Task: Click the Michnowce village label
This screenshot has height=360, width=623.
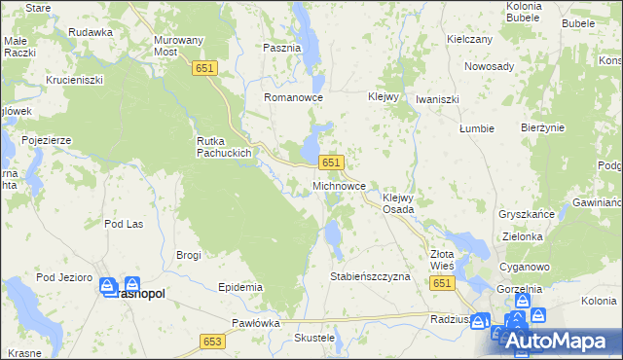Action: [x=339, y=184]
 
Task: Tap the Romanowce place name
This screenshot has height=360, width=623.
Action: [x=293, y=99]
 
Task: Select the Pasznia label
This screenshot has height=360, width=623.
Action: [x=282, y=47]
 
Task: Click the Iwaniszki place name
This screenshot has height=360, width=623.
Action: [x=437, y=99]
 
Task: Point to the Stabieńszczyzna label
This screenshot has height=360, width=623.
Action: [x=372, y=276]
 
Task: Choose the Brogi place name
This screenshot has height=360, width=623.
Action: [x=188, y=255]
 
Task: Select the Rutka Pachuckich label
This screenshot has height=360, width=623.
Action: [x=225, y=146]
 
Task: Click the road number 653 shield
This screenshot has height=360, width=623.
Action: [x=214, y=342]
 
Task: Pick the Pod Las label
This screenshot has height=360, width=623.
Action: [x=125, y=224]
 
